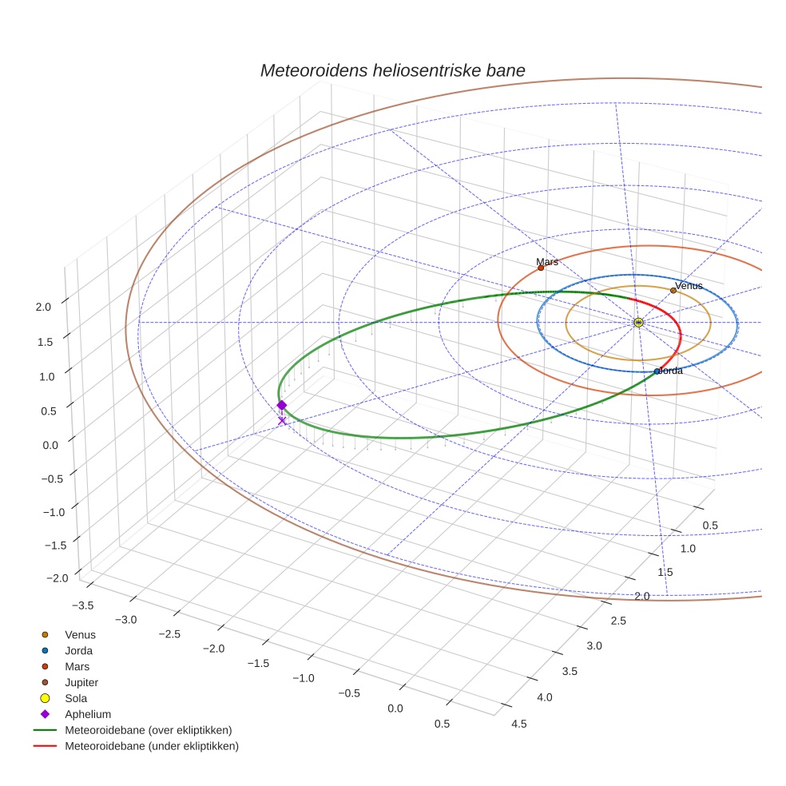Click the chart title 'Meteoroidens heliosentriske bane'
pos(392,70)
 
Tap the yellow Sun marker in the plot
pos(638,322)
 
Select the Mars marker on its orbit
pos(541,268)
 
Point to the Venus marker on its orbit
pos(673,291)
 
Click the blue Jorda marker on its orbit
pos(657,371)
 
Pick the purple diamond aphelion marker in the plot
pos(281,405)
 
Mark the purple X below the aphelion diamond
pos(281,420)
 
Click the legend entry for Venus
pos(80,635)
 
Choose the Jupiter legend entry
pos(81,683)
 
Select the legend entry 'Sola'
pos(76,699)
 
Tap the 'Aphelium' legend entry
pos(87,714)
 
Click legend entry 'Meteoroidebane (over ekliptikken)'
pos(148,730)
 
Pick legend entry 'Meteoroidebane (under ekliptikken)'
pos(151,746)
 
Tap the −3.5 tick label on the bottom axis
pos(82,605)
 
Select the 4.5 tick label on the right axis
pos(518,724)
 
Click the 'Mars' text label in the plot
pos(547,261)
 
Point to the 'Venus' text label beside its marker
pos(689,285)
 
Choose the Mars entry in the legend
pos(77,667)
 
